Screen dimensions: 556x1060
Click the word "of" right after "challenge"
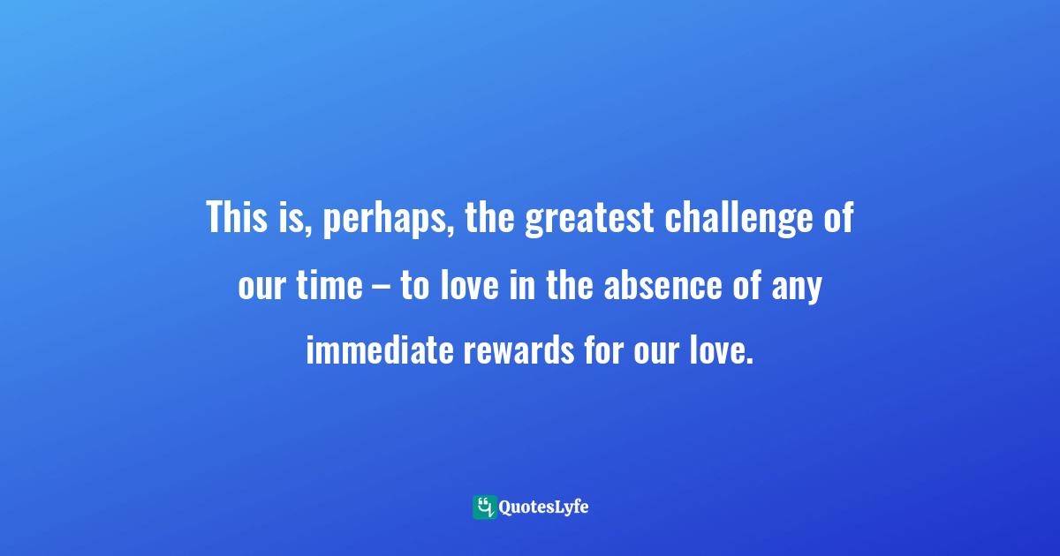840,218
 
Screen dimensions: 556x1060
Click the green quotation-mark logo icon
484,507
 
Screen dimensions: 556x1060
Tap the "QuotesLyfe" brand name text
544,507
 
